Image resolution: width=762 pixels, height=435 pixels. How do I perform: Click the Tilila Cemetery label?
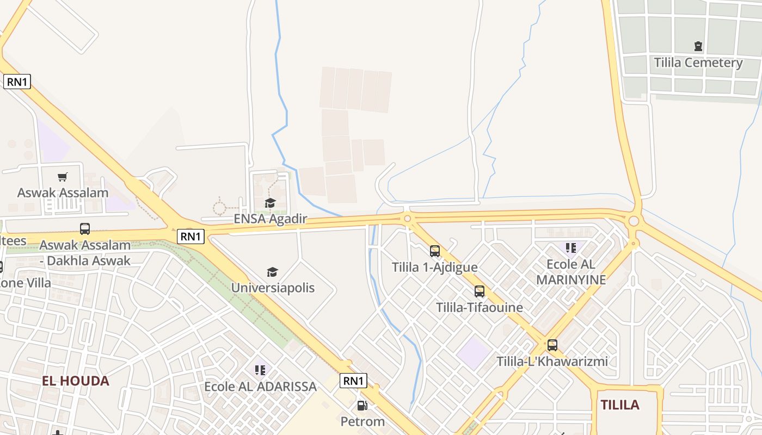click(x=698, y=63)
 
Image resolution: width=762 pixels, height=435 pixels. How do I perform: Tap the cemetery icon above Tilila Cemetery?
click(x=698, y=46)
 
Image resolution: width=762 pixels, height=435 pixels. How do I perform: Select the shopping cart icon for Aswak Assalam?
click(x=63, y=177)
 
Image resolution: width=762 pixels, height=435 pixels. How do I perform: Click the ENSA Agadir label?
click(x=271, y=219)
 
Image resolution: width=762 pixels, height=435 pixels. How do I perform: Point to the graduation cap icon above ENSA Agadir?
click(x=270, y=203)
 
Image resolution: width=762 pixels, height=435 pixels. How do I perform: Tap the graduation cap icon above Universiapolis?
click(x=272, y=272)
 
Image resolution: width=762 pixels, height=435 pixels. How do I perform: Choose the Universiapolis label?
click(x=273, y=288)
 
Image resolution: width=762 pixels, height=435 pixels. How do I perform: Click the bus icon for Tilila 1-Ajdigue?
click(x=435, y=251)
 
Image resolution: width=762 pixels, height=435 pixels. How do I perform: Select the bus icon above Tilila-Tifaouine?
click(x=480, y=291)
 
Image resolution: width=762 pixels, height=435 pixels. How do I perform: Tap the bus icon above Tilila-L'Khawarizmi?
click(x=552, y=345)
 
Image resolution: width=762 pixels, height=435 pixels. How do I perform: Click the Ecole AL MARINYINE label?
click(x=571, y=272)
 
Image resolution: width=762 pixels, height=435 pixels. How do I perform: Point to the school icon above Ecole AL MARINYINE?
click(x=571, y=248)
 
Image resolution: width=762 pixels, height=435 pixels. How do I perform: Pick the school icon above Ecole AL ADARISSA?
click(x=260, y=370)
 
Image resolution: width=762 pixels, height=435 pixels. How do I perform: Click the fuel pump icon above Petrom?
click(x=362, y=405)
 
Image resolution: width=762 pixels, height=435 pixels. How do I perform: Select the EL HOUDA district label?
click(x=76, y=381)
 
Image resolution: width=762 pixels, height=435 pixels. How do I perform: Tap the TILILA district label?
click(x=620, y=405)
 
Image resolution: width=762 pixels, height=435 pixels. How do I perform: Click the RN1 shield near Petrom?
click(x=353, y=381)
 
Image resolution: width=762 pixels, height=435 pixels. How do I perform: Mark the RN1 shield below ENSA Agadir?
click(x=191, y=237)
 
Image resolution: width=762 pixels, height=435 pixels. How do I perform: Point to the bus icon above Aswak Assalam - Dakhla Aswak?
click(x=85, y=229)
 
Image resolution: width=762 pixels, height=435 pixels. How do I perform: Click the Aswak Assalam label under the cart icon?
click(x=63, y=193)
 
